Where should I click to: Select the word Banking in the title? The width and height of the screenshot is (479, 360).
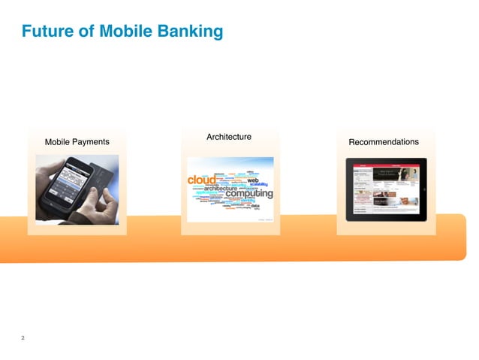pos(189,32)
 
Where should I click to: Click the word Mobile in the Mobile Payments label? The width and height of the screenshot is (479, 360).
pos(58,142)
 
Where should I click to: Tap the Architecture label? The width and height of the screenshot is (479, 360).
pos(228,137)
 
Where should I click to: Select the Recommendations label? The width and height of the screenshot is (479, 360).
pos(384,142)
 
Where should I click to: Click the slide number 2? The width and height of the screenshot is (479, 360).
pos(23,338)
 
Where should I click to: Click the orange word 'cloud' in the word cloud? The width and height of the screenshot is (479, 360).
pos(201,180)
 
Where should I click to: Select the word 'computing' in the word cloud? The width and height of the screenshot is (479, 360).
pos(249,194)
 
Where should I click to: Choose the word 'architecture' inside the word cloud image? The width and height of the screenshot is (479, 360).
pos(215,189)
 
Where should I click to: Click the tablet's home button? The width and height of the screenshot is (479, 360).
pos(423,189)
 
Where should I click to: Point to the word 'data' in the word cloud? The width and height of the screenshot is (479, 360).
pos(255,205)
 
